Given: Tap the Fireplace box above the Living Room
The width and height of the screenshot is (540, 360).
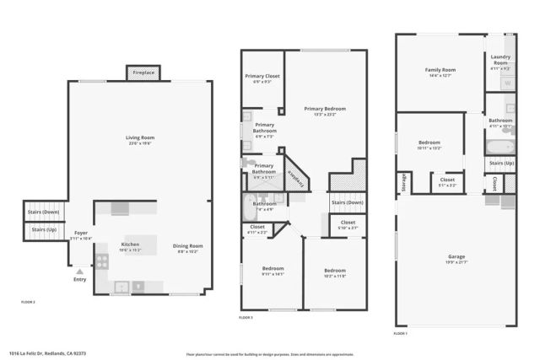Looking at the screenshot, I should pos(143,73).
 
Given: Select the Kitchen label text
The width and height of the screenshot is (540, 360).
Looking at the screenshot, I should pos(130,245).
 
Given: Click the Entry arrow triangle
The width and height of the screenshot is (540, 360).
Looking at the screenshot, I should pos(78,271).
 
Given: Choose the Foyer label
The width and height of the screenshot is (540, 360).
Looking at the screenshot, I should pos(81,233).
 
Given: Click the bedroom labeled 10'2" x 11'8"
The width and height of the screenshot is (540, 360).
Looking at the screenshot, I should pos(334,271).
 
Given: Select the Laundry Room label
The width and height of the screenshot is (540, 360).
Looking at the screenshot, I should pos(499,59).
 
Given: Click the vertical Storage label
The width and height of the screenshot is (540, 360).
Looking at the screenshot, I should pos(404,182).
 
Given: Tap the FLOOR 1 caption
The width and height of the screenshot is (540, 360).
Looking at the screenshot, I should pos(401,334).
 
